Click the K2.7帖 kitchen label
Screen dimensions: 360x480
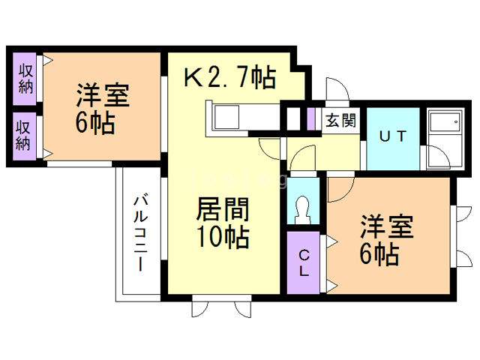point(230,77)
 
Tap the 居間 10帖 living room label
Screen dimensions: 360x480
point(223,223)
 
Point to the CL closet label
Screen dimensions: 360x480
point(304,262)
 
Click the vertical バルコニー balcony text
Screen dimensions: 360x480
point(140,232)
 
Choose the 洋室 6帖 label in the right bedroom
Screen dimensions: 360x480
point(387,240)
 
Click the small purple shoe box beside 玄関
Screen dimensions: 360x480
point(310,118)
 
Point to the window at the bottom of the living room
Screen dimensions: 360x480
point(221,305)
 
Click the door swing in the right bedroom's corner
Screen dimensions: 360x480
point(337,187)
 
